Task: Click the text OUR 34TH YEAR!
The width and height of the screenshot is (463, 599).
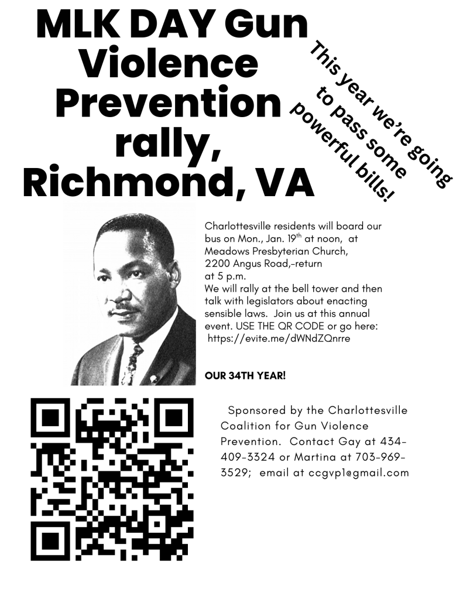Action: point(245,374)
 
